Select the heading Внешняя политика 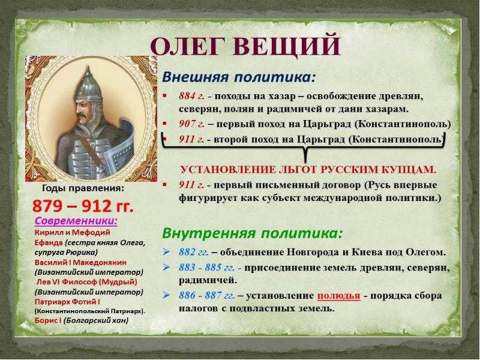pyautogui.click(x=238, y=77)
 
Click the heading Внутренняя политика pyautogui.click(x=252, y=233)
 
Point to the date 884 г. pyautogui.click(x=191, y=96)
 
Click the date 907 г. pyautogui.click(x=191, y=124)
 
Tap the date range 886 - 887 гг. pyautogui.click(x=207, y=296)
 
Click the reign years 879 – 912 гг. pyautogui.click(x=83, y=206)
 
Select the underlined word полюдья pyautogui.click(x=338, y=296)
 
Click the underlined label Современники pyautogui.click(x=76, y=221)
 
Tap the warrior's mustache pyautogui.click(x=81, y=116)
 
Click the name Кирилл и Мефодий pyautogui.click(x=72, y=233)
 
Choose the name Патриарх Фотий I pyautogui.click(x=67, y=302)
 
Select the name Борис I pyautogui.click(x=48, y=320)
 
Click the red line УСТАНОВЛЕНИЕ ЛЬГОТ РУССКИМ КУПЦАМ pyautogui.click(x=308, y=170)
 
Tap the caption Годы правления pyautogui.click(x=83, y=188)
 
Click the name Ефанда pyautogui.click(x=49, y=243)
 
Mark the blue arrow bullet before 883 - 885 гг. pyautogui.click(x=166, y=268)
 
